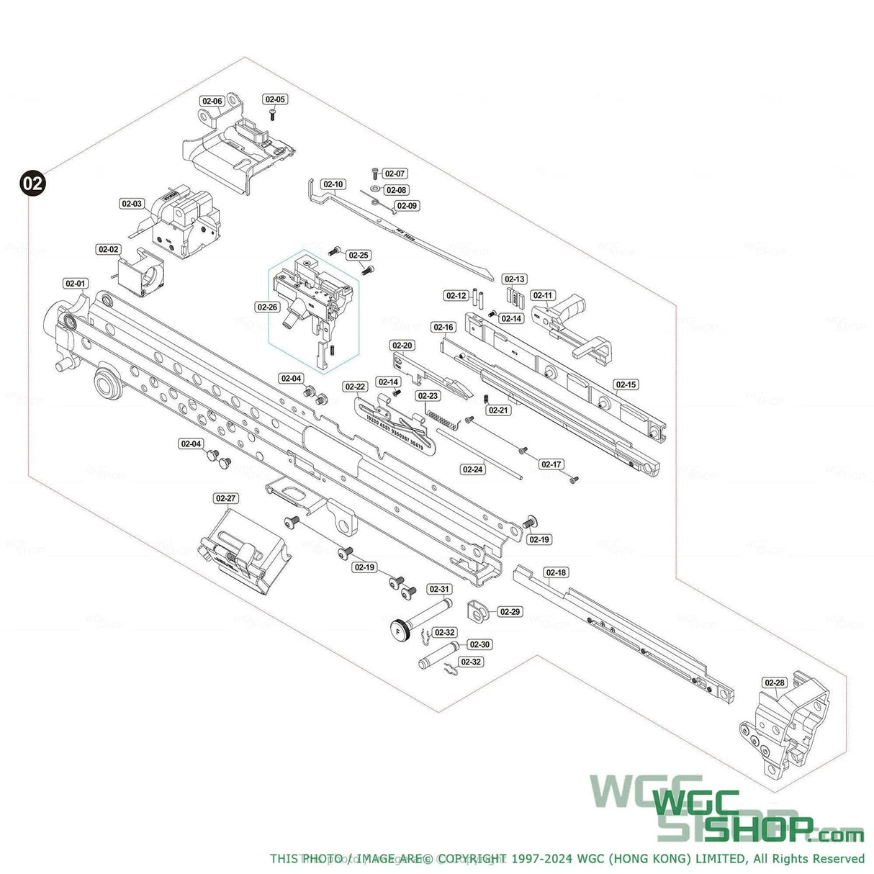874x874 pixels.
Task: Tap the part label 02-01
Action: tap(76, 284)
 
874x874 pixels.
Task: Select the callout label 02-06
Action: tap(212, 101)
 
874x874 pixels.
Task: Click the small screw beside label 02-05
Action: tap(273, 114)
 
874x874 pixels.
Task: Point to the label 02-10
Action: tap(333, 185)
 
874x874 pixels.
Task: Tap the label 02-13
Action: tap(515, 279)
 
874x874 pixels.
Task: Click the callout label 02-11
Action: tap(543, 295)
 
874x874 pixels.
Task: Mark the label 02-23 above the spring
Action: tap(428, 396)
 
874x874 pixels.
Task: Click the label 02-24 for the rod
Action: tap(472, 469)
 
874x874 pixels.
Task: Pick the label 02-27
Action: tap(225, 498)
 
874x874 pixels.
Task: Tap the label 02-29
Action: tap(510, 612)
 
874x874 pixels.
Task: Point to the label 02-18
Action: tap(557, 573)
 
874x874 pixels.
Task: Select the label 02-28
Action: tap(775, 682)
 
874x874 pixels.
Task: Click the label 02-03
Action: tap(132, 204)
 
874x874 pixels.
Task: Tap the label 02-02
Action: tap(109, 249)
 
